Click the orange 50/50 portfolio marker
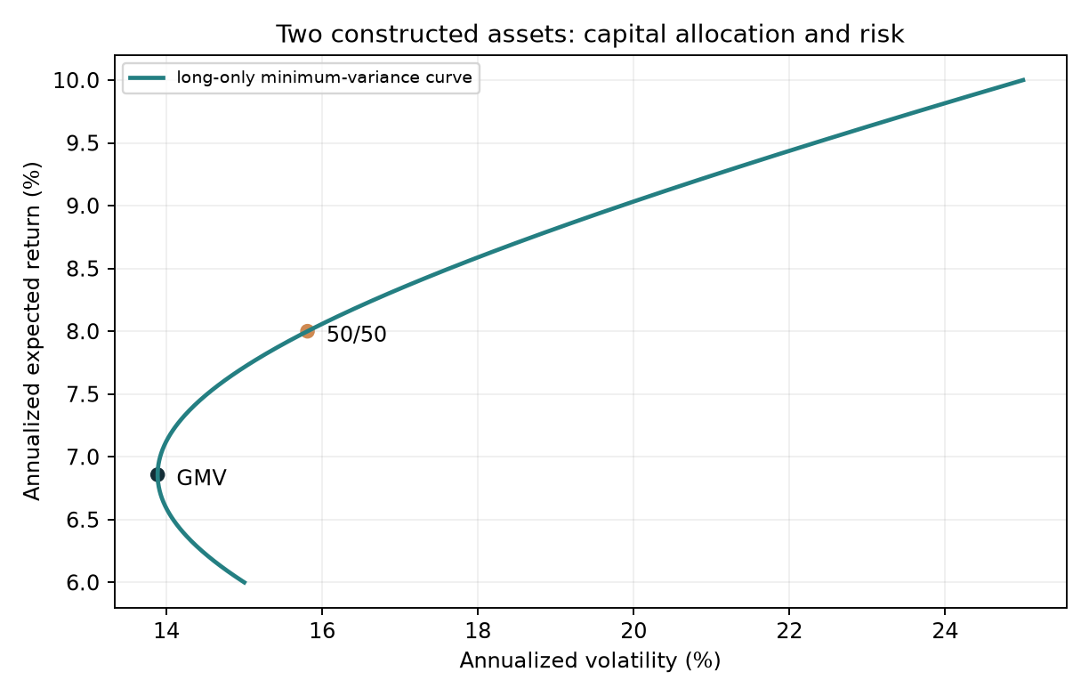[x=307, y=331]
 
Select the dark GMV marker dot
[x=157, y=474]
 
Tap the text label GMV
[x=201, y=478]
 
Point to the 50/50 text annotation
[x=357, y=335]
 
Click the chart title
[x=590, y=35]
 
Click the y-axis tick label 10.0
[x=80, y=80]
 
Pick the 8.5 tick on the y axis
[x=86, y=269]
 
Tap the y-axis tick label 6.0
[x=86, y=582]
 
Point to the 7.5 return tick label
[x=86, y=394]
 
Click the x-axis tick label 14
[x=166, y=631]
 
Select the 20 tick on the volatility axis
[x=633, y=631]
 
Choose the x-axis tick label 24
[x=945, y=631]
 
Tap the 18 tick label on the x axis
[x=478, y=631]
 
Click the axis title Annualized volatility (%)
[x=590, y=661]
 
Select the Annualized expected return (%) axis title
[x=32, y=331]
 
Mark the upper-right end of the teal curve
[x=1025, y=79]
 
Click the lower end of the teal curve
[x=246, y=583]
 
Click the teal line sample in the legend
[x=147, y=78]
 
